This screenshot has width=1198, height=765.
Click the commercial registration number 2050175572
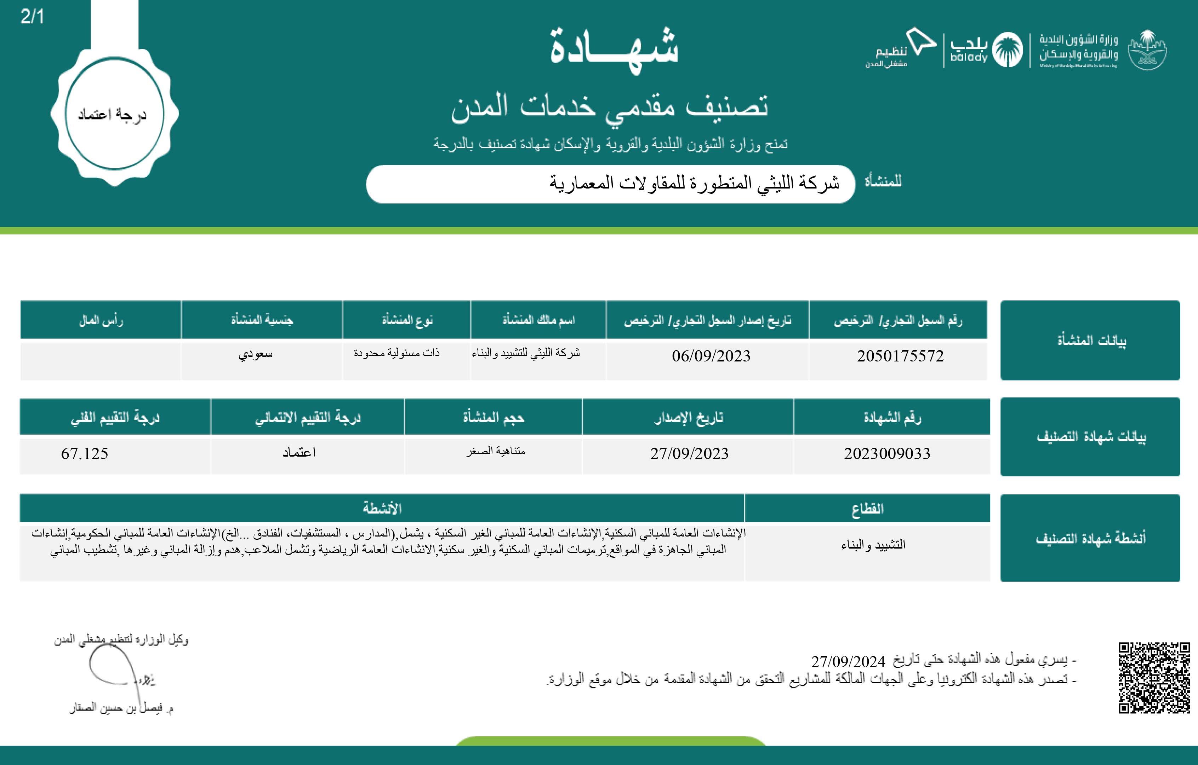point(900,356)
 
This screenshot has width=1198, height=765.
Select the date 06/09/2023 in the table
point(711,356)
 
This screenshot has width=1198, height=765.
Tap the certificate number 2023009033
point(887,453)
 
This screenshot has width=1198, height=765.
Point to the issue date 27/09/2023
point(689,453)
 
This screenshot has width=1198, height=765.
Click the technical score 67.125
point(85,453)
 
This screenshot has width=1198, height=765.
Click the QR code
point(1154,678)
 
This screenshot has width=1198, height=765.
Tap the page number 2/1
point(32,17)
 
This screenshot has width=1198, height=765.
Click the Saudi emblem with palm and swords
point(1147,50)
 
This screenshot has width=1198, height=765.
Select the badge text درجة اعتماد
point(113,114)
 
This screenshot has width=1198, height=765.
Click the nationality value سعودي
point(255,354)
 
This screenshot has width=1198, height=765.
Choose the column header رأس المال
point(101,320)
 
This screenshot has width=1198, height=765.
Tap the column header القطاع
point(867,509)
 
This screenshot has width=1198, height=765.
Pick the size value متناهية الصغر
point(496,451)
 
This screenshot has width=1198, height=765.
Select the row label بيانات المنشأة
point(1091,341)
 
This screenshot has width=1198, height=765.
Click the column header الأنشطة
point(382,509)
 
